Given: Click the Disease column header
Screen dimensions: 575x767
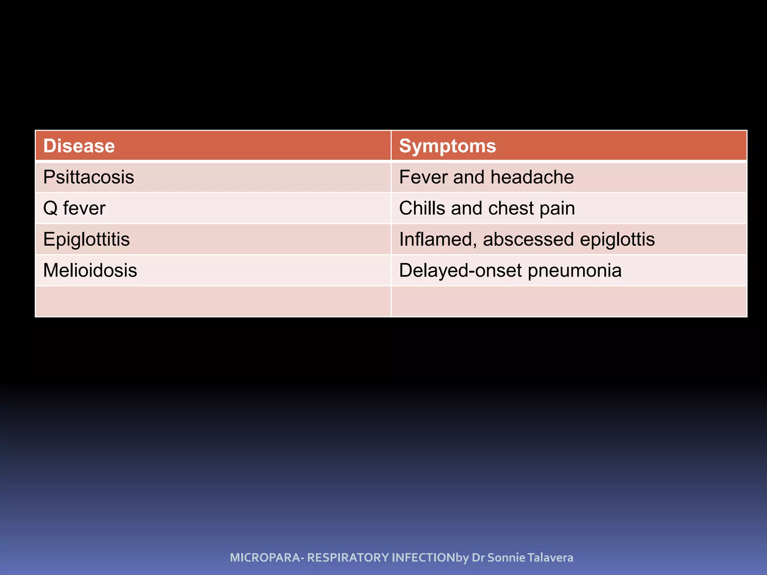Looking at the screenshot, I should point(79,146).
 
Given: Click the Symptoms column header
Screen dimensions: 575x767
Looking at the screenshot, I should point(448,146).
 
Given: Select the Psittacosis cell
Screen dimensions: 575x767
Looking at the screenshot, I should point(88,177).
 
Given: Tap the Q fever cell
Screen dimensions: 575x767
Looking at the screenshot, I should point(74,208).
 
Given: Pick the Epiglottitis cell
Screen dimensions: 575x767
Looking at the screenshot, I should point(87,239).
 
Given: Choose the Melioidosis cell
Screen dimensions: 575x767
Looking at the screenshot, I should point(90,270).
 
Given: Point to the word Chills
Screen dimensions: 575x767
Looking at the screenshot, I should point(421,208).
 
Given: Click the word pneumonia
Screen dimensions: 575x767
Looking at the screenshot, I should point(575,270).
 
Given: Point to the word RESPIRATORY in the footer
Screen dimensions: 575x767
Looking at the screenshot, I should point(348,557).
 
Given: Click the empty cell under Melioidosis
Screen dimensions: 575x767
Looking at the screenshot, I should point(213,301).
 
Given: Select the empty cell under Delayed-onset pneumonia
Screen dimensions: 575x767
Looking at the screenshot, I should point(569,301).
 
